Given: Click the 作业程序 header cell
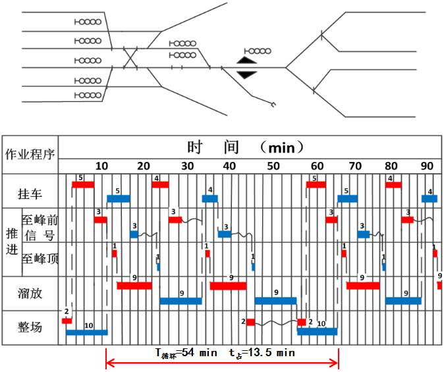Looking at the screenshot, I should [30, 155].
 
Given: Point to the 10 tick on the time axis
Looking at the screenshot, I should [101, 165].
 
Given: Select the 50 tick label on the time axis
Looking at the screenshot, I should [273, 165].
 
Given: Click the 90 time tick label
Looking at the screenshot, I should [427, 165].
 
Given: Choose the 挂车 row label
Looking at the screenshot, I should [30, 193].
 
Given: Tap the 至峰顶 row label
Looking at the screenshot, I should [40, 259].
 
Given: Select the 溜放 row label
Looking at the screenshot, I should [30, 292].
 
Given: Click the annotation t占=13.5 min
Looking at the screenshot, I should [262, 353].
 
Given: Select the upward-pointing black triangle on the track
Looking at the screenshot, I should [246, 61].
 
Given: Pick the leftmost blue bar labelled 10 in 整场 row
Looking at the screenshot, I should [86, 332].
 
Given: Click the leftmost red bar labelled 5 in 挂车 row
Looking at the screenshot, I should [83, 184].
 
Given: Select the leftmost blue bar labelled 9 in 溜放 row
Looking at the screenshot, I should [180, 301].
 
